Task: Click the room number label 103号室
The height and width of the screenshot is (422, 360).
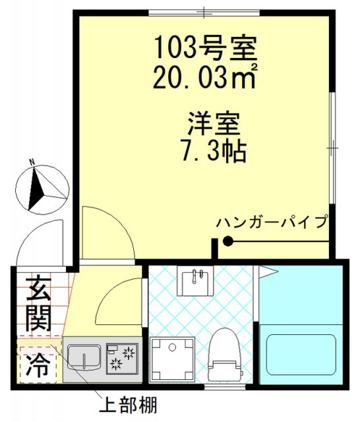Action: [x=204, y=48]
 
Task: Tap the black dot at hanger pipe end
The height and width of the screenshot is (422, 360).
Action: [x=227, y=242]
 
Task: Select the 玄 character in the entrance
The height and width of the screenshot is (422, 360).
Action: [x=38, y=289]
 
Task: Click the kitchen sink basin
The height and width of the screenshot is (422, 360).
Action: [x=83, y=358]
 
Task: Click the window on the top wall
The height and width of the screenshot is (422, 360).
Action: [x=204, y=11]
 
